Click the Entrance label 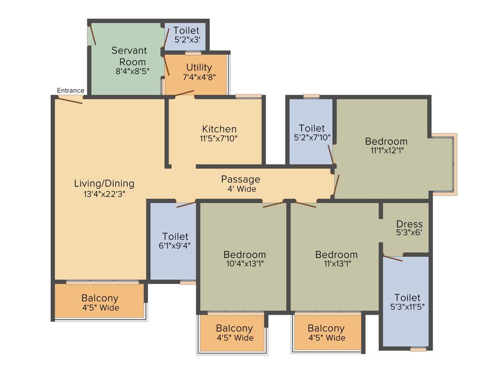pos(71,90)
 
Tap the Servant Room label pos(129,56)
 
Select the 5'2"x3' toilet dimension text pos(186,40)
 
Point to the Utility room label pos(199,67)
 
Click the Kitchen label pos(219,129)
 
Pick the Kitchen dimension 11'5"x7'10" pos(219,138)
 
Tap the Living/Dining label pos(104,184)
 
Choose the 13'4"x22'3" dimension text pos(104,194)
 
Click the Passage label pos(241,179)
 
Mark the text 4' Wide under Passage pos(242,189)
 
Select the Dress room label pos(409,224)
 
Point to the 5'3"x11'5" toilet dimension pos(407,307)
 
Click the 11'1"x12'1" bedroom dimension pos(386,151)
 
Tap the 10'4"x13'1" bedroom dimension pos(245,264)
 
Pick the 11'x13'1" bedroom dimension pos(336,264)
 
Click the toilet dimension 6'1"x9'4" pos(175,246)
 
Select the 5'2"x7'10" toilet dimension pos(311,138)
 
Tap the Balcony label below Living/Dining pos(100,298)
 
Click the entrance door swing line pos(70,100)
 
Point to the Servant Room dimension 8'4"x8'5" pos(133,72)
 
